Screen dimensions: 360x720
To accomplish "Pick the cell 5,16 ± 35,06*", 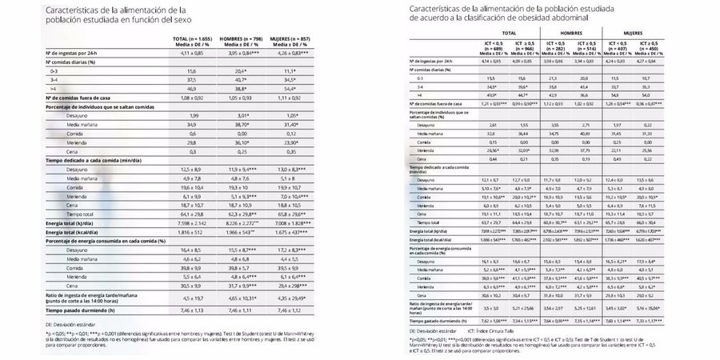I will [x=678, y=307].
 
